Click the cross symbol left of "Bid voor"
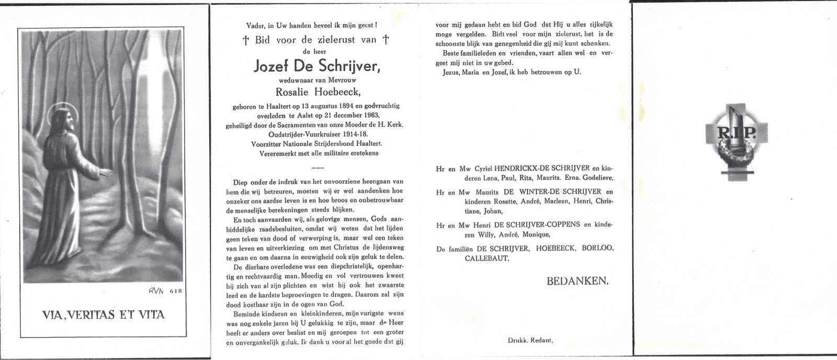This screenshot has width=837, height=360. (x=245, y=39)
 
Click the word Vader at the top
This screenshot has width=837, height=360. (x=253, y=24)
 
